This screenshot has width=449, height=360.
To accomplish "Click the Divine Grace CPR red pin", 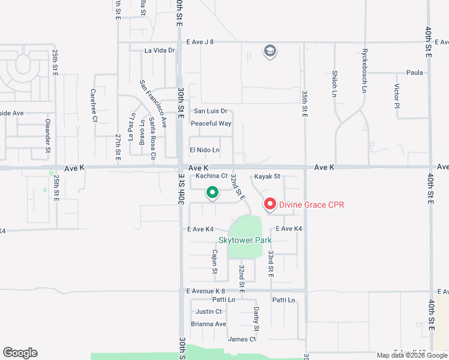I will coord(270,205).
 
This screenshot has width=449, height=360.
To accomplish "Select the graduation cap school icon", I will coord(270,52).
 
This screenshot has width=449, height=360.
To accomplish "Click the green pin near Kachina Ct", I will coord(212,193).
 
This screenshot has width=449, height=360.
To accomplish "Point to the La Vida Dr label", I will coord(159,51).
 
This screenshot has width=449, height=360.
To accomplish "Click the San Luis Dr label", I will coord(210,111).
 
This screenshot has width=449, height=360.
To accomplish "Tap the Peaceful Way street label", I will coord(211,124).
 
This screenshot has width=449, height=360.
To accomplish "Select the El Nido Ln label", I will coord(205,150).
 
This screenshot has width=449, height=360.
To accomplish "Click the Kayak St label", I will coord(267,176).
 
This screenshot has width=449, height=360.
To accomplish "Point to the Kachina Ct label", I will coord(208,176).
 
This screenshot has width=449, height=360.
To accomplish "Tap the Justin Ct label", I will coord(209,311).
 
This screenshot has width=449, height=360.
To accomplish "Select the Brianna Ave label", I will coord(208,324).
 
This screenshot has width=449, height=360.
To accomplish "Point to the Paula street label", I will coord(414,73).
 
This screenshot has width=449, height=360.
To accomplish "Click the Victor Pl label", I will coord(397,96).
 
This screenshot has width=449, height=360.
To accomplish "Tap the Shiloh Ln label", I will coord(334,83).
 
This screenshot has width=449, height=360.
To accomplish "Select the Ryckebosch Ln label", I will coord(364,71).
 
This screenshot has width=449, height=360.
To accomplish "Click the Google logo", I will coord(20,353).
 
